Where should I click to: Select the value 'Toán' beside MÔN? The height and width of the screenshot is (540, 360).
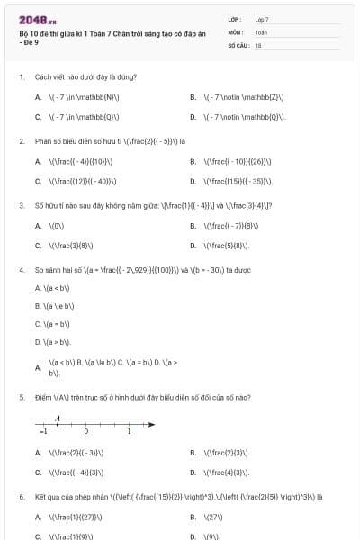tap(261, 31)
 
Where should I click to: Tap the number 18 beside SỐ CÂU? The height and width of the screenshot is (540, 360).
tap(258, 44)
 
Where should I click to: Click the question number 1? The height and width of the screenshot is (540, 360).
tap(21, 77)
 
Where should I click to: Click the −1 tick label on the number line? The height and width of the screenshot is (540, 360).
tap(42, 432)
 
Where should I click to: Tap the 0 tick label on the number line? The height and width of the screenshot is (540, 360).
tap(86, 432)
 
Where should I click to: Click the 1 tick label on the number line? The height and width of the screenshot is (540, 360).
tap(128, 432)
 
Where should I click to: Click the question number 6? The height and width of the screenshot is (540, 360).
tap(21, 496)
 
